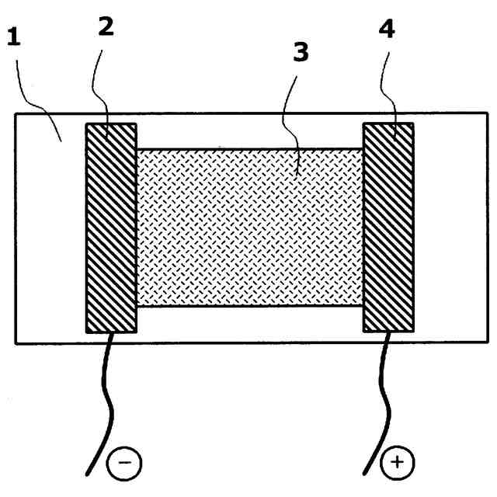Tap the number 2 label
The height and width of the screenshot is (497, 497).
(x=106, y=26)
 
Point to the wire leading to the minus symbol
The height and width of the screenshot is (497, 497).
(x=109, y=404)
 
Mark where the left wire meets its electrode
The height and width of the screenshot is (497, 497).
(x=114, y=333)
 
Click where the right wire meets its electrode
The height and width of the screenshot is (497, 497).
(x=388, y=333)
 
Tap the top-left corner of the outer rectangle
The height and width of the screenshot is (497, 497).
(x=16, y=114)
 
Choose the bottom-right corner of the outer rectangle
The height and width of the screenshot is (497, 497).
(x=488, y=342)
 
